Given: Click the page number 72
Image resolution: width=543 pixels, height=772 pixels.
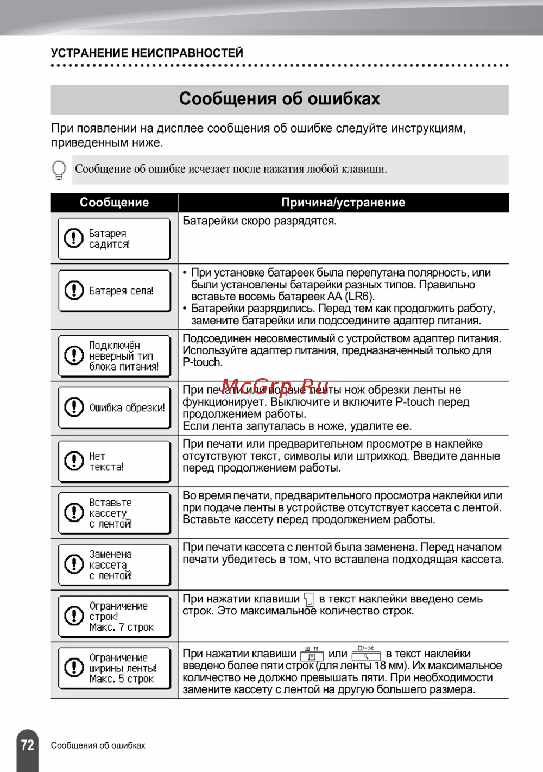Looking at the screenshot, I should pyautogui.click(x=27, y=744).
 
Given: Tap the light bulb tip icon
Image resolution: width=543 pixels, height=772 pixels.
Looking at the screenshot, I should pyautogui.click(x=59, y=170).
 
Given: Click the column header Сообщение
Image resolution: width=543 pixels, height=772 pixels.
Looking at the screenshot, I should pyautogui.click(x=114, y=203).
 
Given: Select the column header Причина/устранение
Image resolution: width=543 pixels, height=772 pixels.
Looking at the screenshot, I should pyautogui.click(x=343, y=203).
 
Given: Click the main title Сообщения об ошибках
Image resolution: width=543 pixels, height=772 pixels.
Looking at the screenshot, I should pyautogui.click(x=280, y=99).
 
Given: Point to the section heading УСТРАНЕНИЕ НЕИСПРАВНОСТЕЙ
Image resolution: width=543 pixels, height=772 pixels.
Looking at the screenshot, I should pyautogui.click(x=147, y=53).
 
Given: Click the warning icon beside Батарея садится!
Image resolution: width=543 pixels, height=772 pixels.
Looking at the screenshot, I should pyautogui.click(x=73, y=238).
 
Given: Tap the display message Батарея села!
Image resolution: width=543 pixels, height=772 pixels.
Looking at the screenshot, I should pyautogui.click(x=121, y=291).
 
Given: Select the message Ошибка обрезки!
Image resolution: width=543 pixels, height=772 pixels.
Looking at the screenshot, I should pyautogui.click(x=127, y=407).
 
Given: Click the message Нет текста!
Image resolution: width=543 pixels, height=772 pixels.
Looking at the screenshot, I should pyautogui.click(x=106, y=461).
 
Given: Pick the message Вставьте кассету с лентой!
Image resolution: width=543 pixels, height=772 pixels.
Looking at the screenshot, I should pyautogui.click(x=111, y=513).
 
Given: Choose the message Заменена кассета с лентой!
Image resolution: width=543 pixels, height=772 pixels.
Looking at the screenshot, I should pyautogui.click(x=111, y=564).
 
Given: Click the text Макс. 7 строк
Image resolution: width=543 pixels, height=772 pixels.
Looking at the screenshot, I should pyautogui.click(x=122, y=627).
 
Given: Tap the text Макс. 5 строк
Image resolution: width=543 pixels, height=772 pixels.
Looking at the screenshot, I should pyautogui.click(x=122, y=679).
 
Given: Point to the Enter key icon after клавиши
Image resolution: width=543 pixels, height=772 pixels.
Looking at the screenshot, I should pyautogui.click(x=309, y=600).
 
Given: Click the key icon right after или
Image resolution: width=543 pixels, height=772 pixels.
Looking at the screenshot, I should pyautogui.click(x=366, y=653).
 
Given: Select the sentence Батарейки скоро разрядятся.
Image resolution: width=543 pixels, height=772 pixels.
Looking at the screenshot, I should pyautogui.click(x=260, y=221).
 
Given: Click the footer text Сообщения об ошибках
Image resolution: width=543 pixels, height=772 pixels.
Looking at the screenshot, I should pyautogui.click(x=98, y=745).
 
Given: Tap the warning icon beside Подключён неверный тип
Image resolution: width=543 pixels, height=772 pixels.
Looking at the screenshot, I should pyautogui.click(x=73, y=355).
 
